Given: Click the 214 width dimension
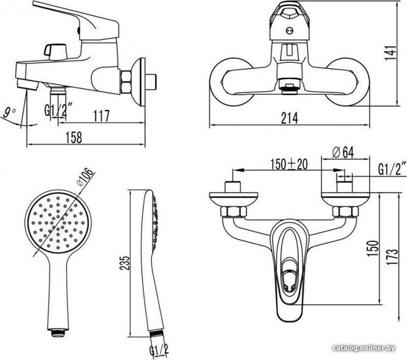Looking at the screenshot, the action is pos(289,118).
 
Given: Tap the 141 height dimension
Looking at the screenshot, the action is pos(391,53).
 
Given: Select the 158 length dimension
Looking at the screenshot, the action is pos(74,137).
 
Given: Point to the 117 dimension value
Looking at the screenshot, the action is pos(101,116).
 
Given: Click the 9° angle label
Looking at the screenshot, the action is pos(9,113).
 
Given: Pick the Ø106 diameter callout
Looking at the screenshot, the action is pos(85,177).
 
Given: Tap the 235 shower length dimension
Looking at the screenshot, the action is pos(125,263).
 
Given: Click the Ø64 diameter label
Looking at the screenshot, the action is pos(343,153).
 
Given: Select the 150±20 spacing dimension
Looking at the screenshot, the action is pos(289,164).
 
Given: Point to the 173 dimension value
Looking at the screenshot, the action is pos(392,257).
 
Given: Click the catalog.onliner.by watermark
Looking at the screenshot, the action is pos(364,348).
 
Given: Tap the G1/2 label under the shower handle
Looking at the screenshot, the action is pos(159,350).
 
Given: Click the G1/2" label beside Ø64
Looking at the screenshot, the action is pos(392,169).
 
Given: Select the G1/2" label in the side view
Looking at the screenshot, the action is pos(58,110).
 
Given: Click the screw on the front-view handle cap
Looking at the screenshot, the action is pos(289,31).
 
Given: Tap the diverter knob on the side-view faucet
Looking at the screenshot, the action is pos(56,51).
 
